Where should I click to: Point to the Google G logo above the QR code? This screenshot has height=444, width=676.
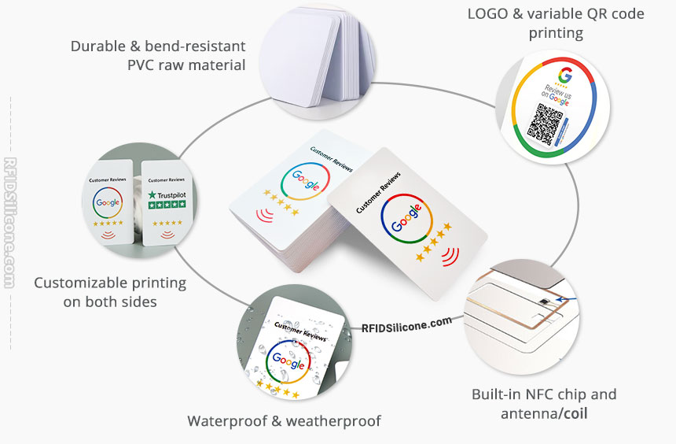tap(564, 76)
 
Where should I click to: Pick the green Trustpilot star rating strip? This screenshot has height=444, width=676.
tap(167, 205)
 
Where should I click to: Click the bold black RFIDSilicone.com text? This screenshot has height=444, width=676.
tap(406, 323)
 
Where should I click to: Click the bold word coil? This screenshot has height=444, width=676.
tap(578, 413)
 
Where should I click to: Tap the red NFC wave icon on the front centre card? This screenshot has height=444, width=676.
tap(450, 256)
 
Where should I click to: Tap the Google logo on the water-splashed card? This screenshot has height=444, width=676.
tap(288, 364)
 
